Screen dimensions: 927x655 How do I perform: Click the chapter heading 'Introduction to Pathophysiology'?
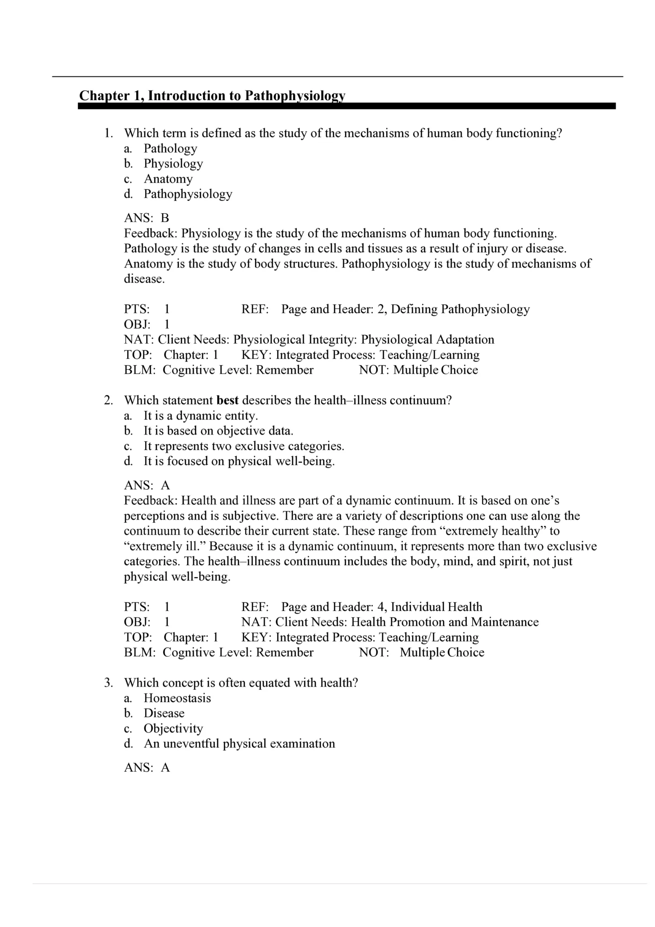tap(247, 96)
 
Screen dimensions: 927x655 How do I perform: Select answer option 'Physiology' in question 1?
tap(173, 163)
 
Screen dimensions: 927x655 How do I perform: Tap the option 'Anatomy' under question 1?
tap(168, 179)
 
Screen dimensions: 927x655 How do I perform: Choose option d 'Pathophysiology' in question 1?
tap(188, 194)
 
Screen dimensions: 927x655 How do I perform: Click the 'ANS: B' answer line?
tap(147, 218)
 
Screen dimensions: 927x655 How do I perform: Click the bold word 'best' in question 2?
tap(228, 400)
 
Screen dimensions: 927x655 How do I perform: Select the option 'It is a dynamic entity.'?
tap(200, 416)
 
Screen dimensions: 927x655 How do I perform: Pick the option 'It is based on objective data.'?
tap(218, 431)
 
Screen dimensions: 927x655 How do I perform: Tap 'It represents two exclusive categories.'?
tap(244, 446)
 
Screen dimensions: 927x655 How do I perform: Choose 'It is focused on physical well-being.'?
tap(239, 461)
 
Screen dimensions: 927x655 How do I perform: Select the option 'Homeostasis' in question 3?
tap(177, 698)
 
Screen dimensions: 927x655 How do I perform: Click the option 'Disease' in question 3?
tap(164, 713)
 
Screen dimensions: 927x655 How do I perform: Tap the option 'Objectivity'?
tap(173, 728)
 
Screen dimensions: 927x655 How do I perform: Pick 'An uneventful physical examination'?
tap(239, 743)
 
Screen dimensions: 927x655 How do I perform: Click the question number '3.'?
tap(109, 683)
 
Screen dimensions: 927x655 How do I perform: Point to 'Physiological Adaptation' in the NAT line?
tap(427, 339)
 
